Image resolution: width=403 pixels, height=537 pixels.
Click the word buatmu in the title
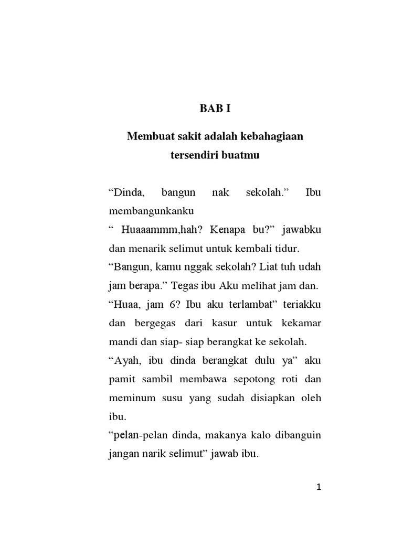click(x=242, y=156)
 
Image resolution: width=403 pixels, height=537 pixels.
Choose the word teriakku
click(x=303, y=305)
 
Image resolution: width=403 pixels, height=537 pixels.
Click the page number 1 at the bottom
click(x=319, y=488)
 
